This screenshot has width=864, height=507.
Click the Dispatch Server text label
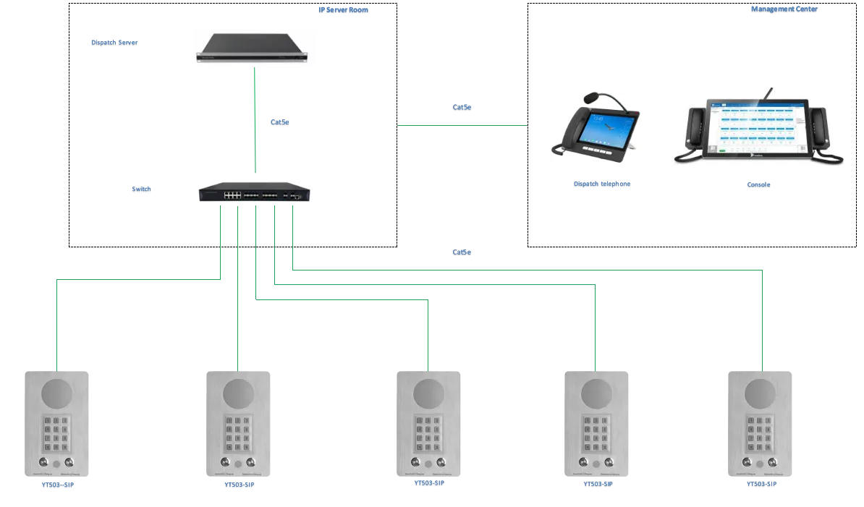(x=114, y=43)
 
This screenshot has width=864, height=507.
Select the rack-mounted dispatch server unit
(x=254, y=49)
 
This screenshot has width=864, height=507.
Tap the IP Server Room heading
(x=344, y=11)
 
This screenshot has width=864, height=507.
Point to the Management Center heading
(x=784, y=10)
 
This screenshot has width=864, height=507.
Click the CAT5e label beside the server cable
(x=279, y=122)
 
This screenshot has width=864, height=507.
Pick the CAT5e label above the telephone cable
(x=462, y=109)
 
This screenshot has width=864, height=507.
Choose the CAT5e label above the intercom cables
(x=462, y=253)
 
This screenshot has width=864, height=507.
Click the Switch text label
(x=142, y=190)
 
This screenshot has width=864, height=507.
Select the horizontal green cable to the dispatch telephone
(x=462, y=124)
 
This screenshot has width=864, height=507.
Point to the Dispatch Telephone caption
(x=601, y=185)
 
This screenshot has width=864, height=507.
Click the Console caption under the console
(x=760, y=185)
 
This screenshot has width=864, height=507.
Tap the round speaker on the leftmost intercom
(x=57, y=393)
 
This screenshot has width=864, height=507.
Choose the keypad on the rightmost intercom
(x=758, y=432)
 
